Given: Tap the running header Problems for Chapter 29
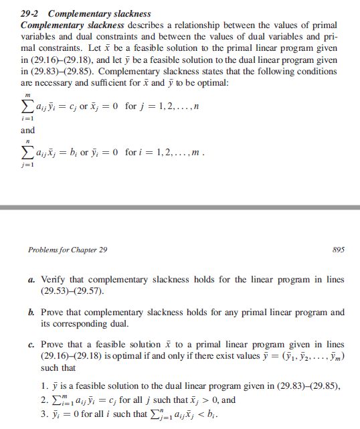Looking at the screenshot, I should pyautogui.click(x=67, y=250).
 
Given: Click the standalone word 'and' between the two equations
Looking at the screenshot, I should pyautogui.click(x=28, y=130).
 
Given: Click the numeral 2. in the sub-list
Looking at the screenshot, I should pyautogui.click(x=44, y=400).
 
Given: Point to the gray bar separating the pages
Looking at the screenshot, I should pyautogui.click(x=180, y=207).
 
